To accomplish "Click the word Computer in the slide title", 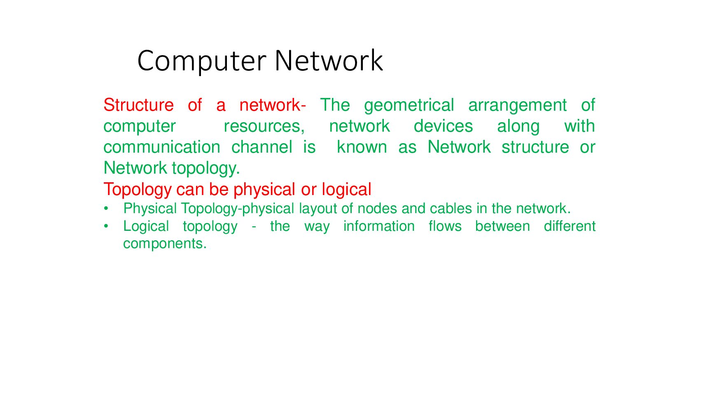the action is click(x=202, y=62).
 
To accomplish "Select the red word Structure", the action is click(x=138, y=105).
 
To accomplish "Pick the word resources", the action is click(x=264, y=127).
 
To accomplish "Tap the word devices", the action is click(x=443, y=126).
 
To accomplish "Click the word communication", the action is click(x=162, y=147).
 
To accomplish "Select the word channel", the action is click(x=262, y=147).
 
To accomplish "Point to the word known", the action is click(x=362, y=147).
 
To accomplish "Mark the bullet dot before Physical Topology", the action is click(x=106, y=209).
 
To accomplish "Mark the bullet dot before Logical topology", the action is click(x=106, y=226).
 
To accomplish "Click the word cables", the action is click(x=451, y=209).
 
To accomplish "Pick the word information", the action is click(x=379, y=226).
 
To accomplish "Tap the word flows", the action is click(x=445, y=226).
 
